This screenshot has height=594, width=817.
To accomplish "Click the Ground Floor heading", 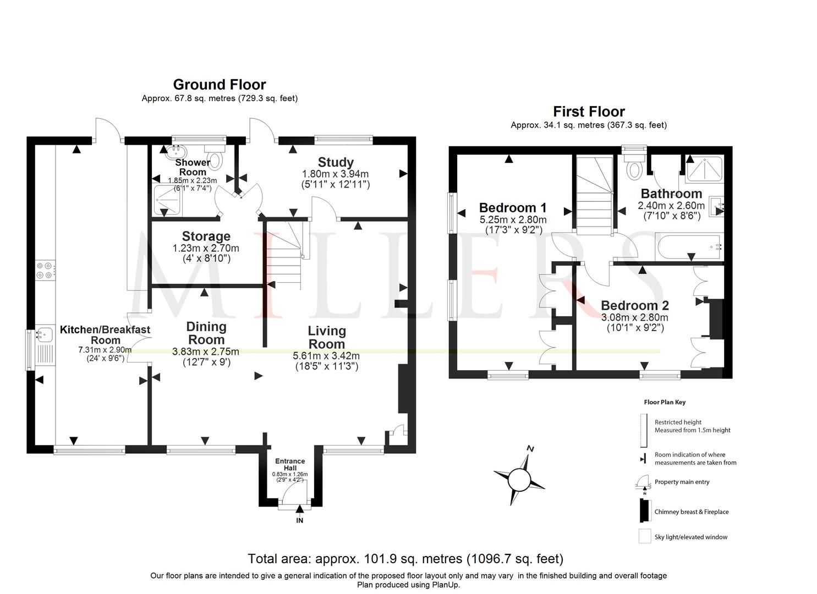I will pos(219,85).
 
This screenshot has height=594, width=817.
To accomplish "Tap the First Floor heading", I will pos(589,112).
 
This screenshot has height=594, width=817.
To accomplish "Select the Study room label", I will pos(336,162).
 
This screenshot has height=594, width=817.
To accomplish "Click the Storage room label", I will pos(206,237).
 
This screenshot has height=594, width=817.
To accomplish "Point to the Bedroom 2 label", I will pos(634,305).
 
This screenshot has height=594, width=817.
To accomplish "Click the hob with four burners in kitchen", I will pos(44,270).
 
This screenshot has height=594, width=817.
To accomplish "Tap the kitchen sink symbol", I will pos(43,333).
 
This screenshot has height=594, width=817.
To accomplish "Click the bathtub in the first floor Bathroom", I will pos(688,245).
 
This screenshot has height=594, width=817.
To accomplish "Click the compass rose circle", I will pos(518,479).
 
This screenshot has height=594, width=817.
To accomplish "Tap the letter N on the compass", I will pos(530,448).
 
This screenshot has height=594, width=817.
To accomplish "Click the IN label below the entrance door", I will pos(299,520).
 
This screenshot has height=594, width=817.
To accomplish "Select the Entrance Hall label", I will pos(290,464).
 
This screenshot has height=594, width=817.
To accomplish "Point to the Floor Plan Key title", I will pos(665,402).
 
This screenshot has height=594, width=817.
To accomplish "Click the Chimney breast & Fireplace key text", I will pos(691,512).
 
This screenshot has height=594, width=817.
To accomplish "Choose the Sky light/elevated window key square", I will pos(644,536).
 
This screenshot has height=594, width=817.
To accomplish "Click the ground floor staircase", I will pos(284,253).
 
